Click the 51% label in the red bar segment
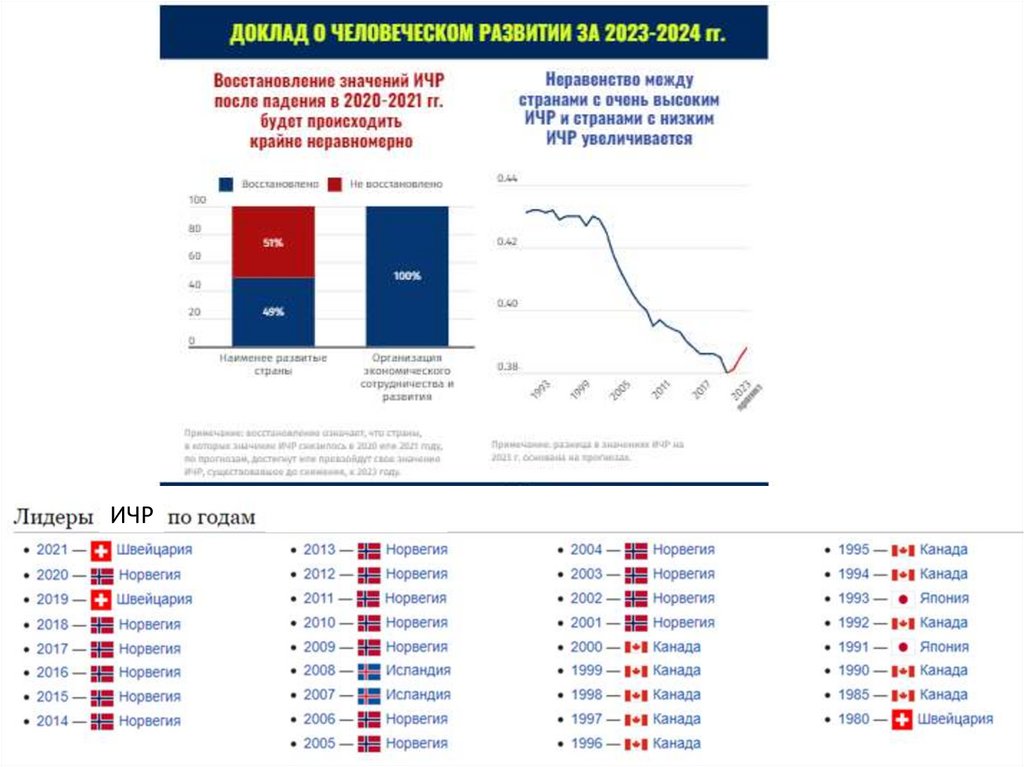point(273,243)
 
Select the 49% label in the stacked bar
point(273,311)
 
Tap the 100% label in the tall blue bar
point(407,275)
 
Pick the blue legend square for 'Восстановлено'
point(227,185)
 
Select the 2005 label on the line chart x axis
point(621,389)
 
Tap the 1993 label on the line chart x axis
point(541,389)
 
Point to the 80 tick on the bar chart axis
point(195,229)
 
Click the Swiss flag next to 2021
point(100,550)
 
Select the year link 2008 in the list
point(319,670)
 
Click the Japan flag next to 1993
point(903,598)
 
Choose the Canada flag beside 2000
point(636,646)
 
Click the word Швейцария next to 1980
point(955,719)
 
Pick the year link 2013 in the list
point(319,550)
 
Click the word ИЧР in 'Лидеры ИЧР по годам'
point(131,516)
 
